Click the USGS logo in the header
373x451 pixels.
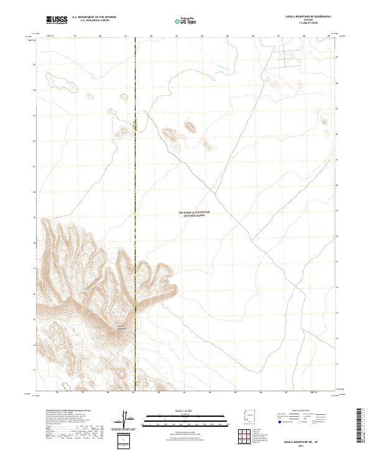pyautogui.click(x=57, y=21)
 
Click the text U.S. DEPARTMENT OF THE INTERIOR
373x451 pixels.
pyautogui.click(x=94, y=18)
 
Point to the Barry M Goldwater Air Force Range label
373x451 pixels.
pyautogui.click(x=203, y=213)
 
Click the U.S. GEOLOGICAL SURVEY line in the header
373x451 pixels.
pyautogui.click(x=91, y=21)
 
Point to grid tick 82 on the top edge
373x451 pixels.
pyautogui.click(x=152, y=37)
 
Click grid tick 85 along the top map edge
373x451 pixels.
pyautogui.click(x=228, y=37)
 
